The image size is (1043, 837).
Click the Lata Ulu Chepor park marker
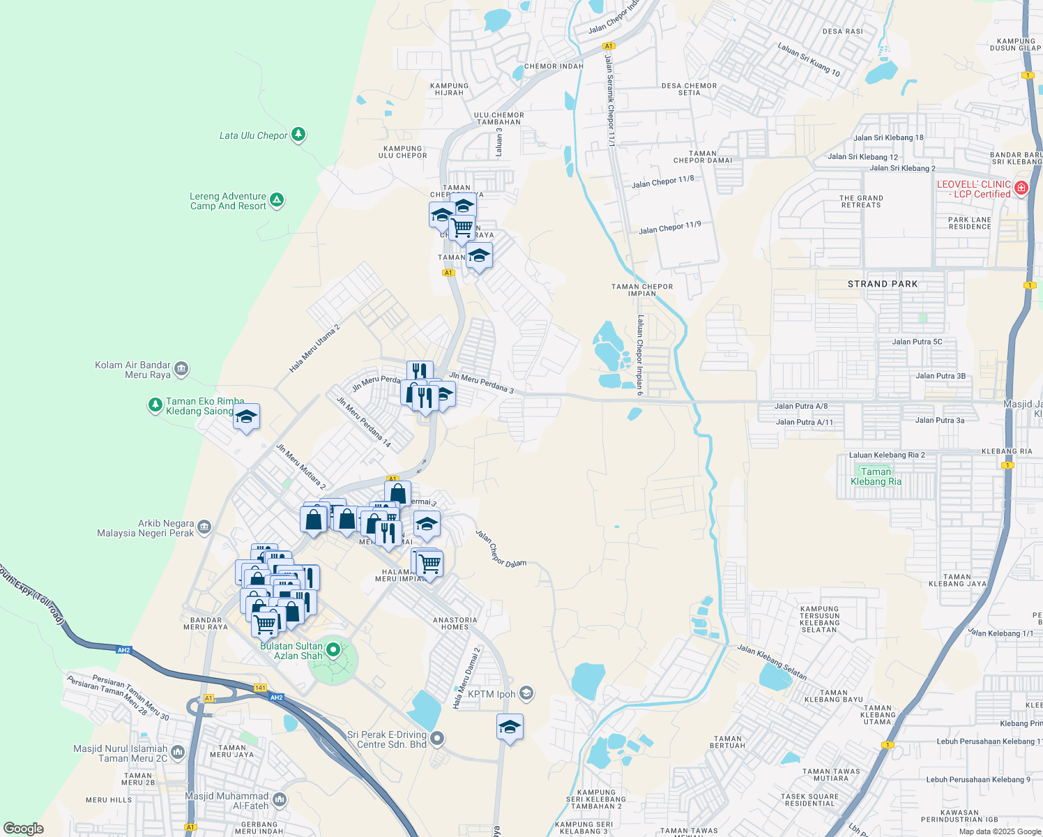pyautogui.click(x=298, y=134)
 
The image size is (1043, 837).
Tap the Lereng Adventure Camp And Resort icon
pyautogui.click(x=277, y=201)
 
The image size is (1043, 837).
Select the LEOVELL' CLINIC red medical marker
pyautogui.click(x=1021, y=188)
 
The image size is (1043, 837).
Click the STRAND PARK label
pyautogui.click(x=883, y=284)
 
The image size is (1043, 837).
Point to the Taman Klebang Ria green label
pyautogui.click(x=876, y=476)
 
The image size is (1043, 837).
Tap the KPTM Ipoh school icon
pyautogui.click(x=526, y=693)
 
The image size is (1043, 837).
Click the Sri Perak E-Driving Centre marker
pyautogui.click(x=437, y=738)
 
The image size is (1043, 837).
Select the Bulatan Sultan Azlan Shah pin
pyautogui.click(x=333, y=650)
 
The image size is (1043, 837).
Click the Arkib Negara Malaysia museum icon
pyautogui.click(x=204, y=527)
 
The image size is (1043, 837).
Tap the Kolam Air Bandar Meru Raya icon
pyautogui.click(x=181, y=368)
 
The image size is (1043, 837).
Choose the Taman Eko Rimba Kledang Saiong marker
pyautogui.click(x=155, y=405)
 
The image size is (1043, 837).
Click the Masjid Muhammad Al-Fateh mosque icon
pyautogui.click(x=280, y=799)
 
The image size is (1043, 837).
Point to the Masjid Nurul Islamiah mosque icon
pyautogui.click(x=178, y=752)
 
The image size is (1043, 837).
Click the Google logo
pyautogui.click(x=24, y=828)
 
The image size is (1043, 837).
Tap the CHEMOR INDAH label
pyautogui.click(x=554, y=66)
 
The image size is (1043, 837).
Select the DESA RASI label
pyautogui.click(x=843, y=31)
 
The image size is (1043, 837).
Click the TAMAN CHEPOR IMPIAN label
pyautogui.click(x=642, y=289)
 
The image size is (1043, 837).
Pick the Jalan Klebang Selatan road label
pyautogui.click(x=772, y=662)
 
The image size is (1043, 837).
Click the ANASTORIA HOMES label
pyautogui.click(x=455, y=623)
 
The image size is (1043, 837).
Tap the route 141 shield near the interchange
pyautogui.click(x=260, y=688)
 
